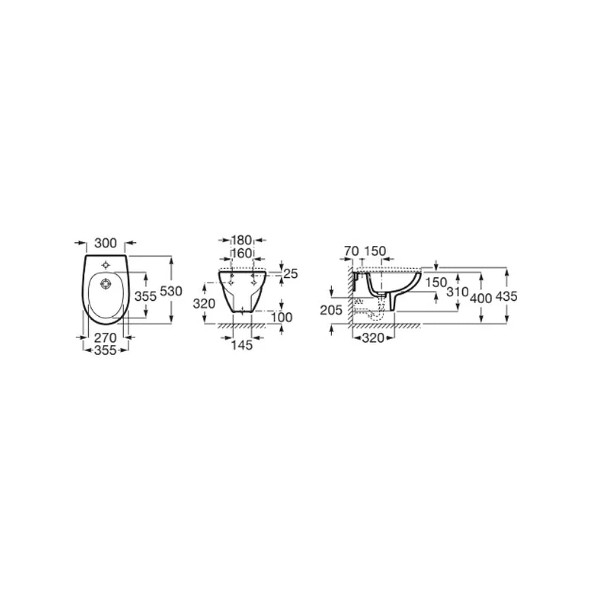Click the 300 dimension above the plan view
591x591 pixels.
pos(106,243)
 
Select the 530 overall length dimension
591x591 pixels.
pos(171,291)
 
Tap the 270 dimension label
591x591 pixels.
pos(106,337)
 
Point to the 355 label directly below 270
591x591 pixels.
pos(106,350)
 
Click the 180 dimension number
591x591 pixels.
pos(241,240)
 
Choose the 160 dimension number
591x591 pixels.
pos(241,254)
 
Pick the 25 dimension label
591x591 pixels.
pos(291,274)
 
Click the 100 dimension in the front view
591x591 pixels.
pos(281,317)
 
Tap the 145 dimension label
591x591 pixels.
pos(242,345)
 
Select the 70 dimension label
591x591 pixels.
pos(351,251)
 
